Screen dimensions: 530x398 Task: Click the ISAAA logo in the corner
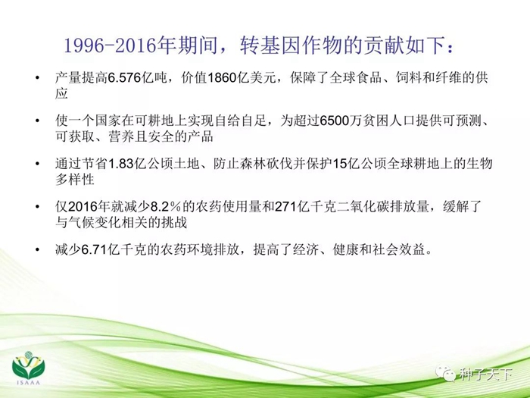(29, 368)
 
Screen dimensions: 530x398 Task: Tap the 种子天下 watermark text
(486, 374)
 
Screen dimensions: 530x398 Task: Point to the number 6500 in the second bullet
(334, 121)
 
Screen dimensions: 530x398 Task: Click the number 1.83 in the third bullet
(120, 164)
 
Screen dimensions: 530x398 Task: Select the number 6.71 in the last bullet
(94, 249)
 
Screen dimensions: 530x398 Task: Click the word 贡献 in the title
(383, 45)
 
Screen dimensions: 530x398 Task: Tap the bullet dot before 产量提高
(37, 78)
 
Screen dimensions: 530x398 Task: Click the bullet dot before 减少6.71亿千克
(37, 249)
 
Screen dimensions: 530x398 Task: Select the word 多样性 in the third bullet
(75, 180)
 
